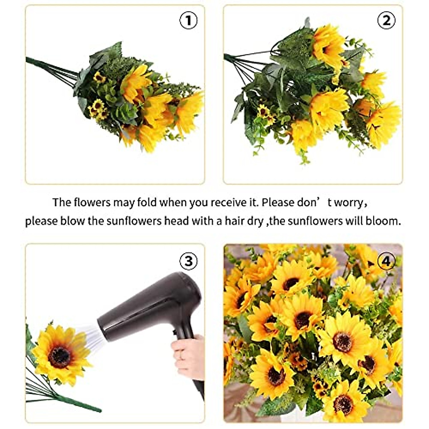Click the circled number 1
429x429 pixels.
188,21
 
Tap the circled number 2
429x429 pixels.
386,21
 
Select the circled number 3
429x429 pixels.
188,261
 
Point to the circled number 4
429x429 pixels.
386,261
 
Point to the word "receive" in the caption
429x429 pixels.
228,202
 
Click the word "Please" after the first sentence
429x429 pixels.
278,202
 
